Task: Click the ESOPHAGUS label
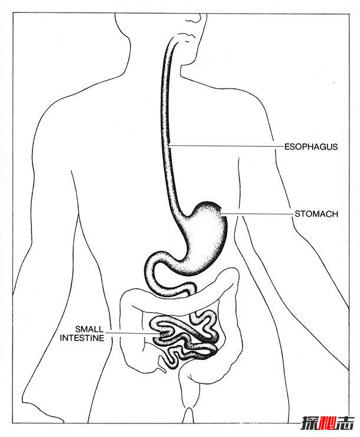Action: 310,146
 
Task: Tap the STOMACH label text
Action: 316,214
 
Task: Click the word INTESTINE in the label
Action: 82,338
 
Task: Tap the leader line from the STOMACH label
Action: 257,214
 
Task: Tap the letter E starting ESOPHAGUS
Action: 287,146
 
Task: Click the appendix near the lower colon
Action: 162,363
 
